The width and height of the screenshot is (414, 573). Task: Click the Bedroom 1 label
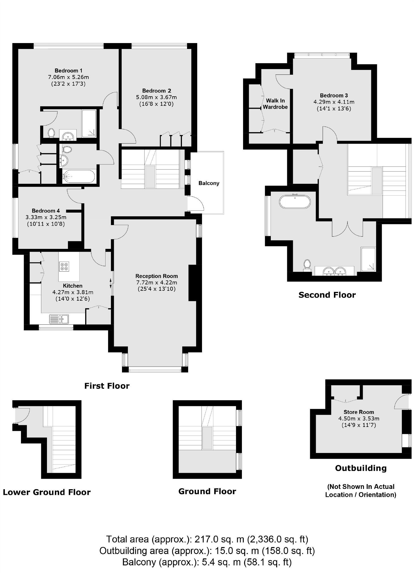[x=68, y=70]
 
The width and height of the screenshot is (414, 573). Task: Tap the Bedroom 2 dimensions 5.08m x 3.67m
[x=156, y=97]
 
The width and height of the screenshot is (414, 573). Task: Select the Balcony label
[x=209, y=183]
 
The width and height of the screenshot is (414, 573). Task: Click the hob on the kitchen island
[x=64, y=266]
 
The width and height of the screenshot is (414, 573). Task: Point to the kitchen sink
[x=59, y=319]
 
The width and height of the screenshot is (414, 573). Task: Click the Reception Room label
[x=156, y=276]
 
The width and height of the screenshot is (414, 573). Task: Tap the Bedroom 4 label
[x=46, y=211]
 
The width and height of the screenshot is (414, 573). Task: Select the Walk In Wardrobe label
[x=275, y=104]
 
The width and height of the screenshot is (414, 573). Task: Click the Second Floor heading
[x=327, y=295]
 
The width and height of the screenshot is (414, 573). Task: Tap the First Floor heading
[x=107, y=386]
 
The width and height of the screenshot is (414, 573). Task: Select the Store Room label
[x=359, y=412]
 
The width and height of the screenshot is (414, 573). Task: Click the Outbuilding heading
[x=361, y=468]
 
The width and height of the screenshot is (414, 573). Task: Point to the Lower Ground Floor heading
[x=47, y=492]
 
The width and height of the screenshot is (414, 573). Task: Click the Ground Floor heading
[x=207, y=491]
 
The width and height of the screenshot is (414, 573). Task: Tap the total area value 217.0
[x=203, y=539]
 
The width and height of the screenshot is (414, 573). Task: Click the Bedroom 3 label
[x=334, y=95]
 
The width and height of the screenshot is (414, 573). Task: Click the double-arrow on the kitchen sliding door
[x=111, y=283]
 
